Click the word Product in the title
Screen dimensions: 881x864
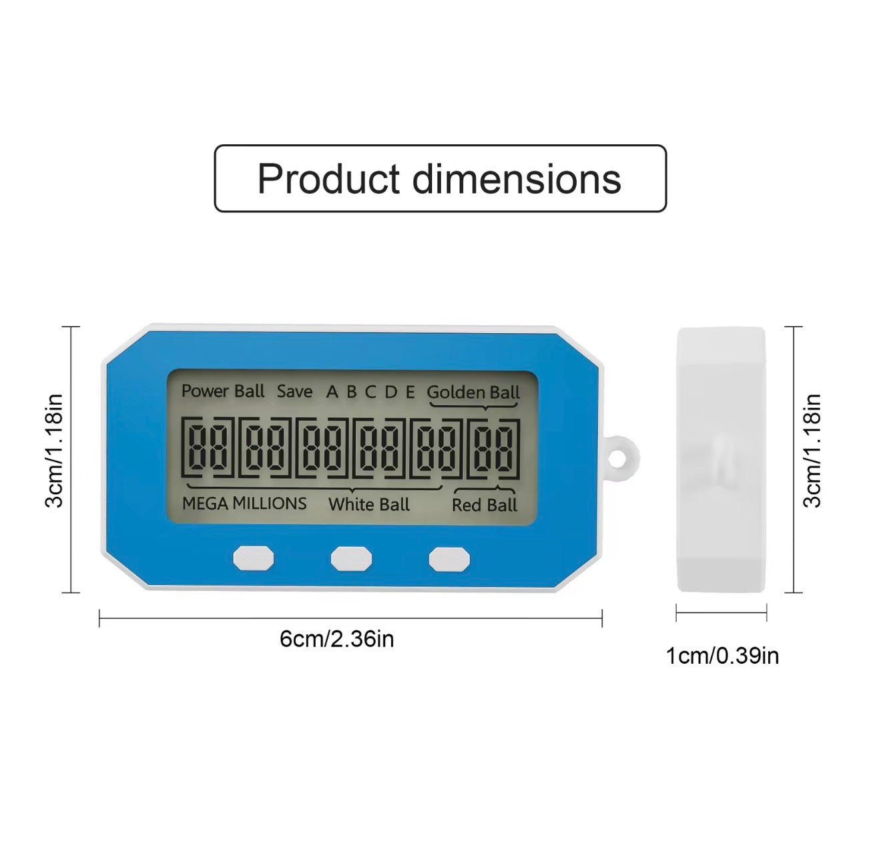329,179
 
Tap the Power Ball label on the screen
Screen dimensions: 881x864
223,391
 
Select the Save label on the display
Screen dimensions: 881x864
295,392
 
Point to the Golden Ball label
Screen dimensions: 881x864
473,393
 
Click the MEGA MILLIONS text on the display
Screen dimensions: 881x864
244,503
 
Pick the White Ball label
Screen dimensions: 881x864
369,505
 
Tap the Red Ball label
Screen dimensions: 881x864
485,505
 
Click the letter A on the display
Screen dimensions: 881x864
332,392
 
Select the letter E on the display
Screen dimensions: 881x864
410,393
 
